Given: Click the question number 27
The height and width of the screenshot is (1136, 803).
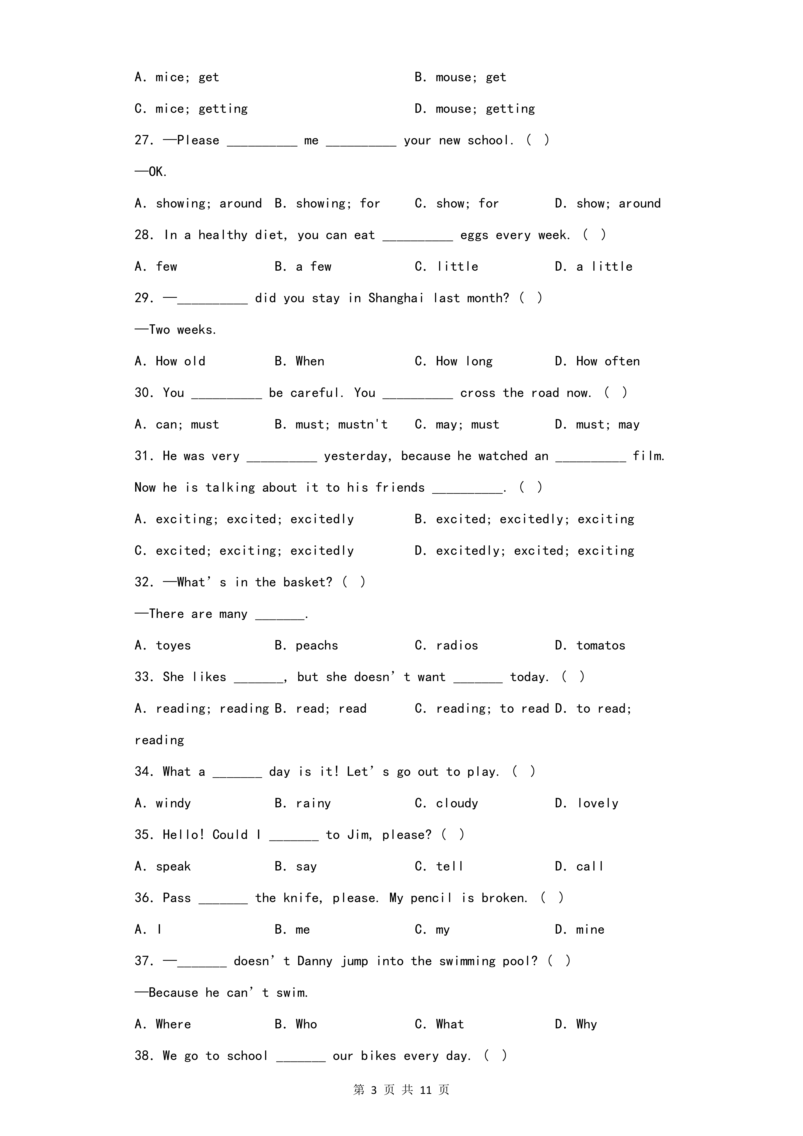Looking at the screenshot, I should pyautogui.click(x=144, y=141).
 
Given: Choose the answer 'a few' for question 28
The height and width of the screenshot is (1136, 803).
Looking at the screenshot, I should pyautogui.click(x=313, y=267).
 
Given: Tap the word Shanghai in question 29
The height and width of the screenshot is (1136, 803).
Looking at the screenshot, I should pyautogui.click(x=396, y=298).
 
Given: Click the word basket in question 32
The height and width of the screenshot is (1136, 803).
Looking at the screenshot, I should pyautogui.click(x=307, y=582).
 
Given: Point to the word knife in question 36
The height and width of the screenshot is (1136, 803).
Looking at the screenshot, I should pyautogui.click(x=303, y=898).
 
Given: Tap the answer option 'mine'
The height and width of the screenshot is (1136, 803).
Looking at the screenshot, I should pyautogui.click(x=590, y=930).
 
